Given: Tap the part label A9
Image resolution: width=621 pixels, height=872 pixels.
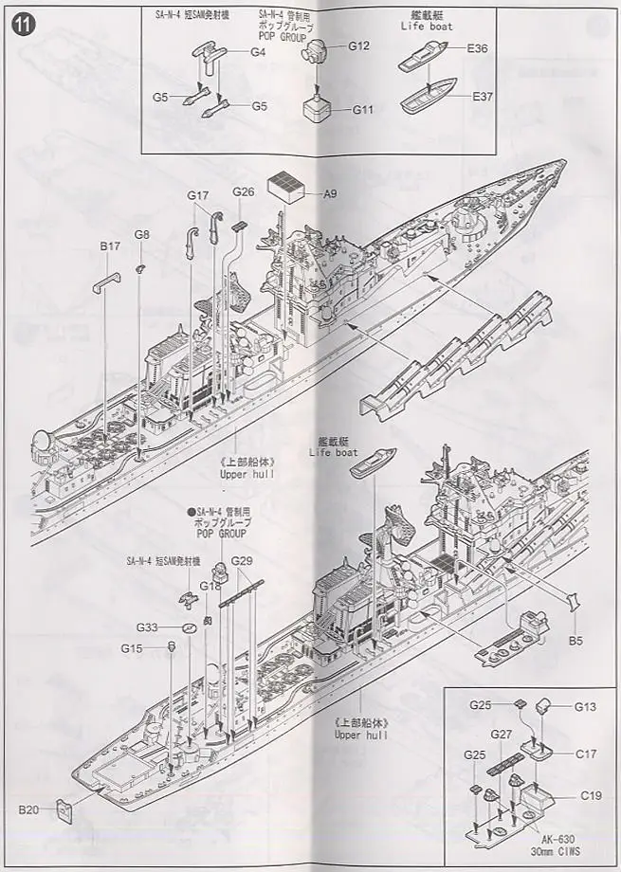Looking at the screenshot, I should pos(330,194).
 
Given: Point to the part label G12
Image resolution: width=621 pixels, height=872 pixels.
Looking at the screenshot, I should pos(358,45).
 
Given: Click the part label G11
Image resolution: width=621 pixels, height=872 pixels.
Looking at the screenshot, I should pos(362,109).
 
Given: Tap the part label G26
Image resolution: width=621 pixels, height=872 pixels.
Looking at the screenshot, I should pos(244,191).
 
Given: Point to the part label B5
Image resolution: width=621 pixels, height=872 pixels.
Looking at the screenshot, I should pos(575,642).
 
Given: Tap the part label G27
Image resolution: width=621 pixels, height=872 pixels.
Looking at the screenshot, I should pos(502,734).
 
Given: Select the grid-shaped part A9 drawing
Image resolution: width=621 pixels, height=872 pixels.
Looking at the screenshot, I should pos(290,185).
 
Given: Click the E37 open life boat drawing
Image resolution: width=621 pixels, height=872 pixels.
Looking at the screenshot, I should pos(435,97).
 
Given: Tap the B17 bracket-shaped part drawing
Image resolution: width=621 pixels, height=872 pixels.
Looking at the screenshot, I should pos(106,280).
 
